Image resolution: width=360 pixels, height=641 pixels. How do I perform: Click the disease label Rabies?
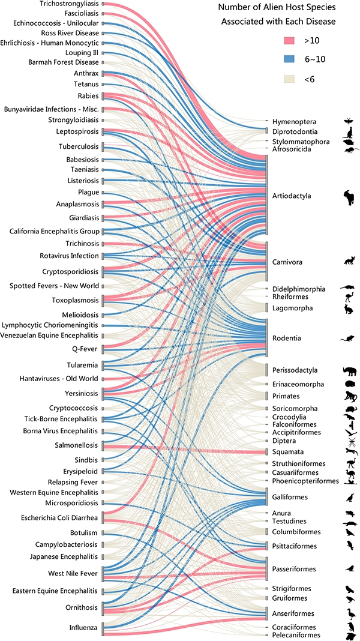[x=88, y=96]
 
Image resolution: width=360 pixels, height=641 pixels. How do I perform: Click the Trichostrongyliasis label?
[x=70, y=4]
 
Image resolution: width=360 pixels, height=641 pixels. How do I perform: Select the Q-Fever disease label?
[x=86, y=349]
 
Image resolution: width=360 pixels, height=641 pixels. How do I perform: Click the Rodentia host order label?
[x=286, y=339]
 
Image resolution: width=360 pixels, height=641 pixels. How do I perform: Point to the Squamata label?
[x=285, y=452]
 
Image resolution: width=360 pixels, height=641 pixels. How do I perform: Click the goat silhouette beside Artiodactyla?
[x=349, y=198]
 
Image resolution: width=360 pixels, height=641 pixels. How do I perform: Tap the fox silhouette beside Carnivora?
[x=349, y=261]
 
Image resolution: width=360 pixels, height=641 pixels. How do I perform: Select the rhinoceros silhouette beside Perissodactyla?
[x=350, y=370]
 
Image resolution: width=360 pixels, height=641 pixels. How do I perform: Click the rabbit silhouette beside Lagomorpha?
[x=349, y=309]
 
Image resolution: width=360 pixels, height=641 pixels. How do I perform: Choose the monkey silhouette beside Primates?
[x=350, y=397]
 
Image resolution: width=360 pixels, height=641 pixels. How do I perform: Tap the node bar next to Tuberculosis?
[x=103, y=147]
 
